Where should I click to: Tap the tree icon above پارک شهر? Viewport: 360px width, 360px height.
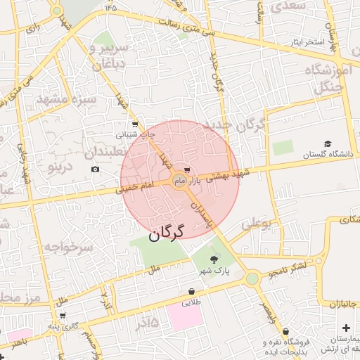click(x=214, y=260)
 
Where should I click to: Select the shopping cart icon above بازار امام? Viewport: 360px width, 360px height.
click(x=186, y=170)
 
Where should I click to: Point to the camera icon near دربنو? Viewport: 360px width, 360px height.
click(x=96, y=169)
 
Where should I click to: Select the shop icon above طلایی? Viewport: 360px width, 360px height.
click(x=191, y=292)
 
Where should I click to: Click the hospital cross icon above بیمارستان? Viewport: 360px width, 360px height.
click(x=345, y=328)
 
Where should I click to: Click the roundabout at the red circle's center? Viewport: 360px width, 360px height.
click(x=180, y=182)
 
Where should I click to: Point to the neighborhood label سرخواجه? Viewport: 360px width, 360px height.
click(x=68, y=247)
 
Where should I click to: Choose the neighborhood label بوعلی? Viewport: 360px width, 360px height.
click(x=257, y=225)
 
